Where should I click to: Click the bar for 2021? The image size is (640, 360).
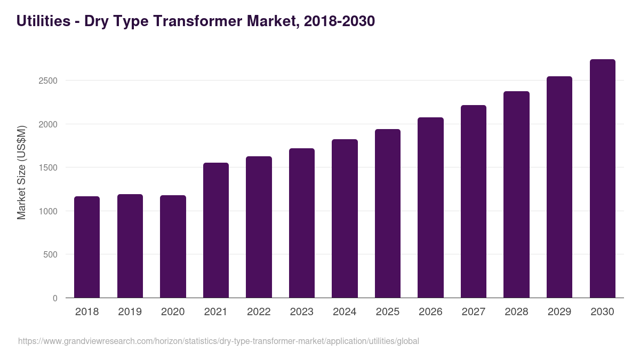[215, 230]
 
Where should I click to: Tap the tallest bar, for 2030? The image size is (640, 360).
[602, 179]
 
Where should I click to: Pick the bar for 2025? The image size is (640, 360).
[387, 213]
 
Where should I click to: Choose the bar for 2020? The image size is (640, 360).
[173, 246]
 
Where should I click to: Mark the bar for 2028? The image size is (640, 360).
[516, 195]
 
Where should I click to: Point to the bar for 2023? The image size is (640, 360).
[301, 223]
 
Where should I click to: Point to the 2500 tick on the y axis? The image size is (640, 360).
[47, 81]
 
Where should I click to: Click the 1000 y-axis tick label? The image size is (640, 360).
[47, 211]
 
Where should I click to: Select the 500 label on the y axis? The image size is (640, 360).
[51, 254]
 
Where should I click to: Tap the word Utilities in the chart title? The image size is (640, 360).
[43, 21]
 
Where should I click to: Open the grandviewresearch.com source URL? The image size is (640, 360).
[219, 341]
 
